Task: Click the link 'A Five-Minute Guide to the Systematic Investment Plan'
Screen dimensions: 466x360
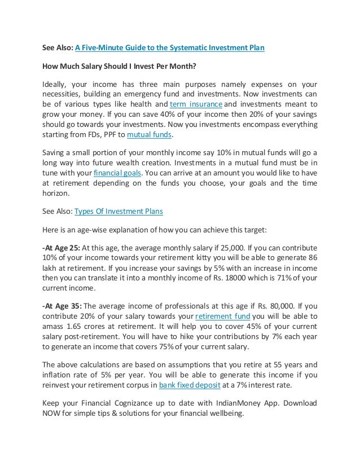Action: tap(170, 48)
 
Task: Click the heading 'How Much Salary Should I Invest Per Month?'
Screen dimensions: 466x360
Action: tap(119, 66)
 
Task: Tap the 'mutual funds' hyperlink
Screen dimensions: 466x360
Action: tap(149, 135)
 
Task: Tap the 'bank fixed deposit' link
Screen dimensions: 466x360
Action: tap(190, 385)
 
